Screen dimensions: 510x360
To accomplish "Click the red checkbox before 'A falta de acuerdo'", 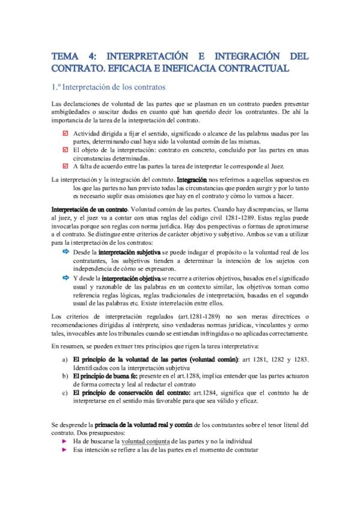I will [x=66, y=166].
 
